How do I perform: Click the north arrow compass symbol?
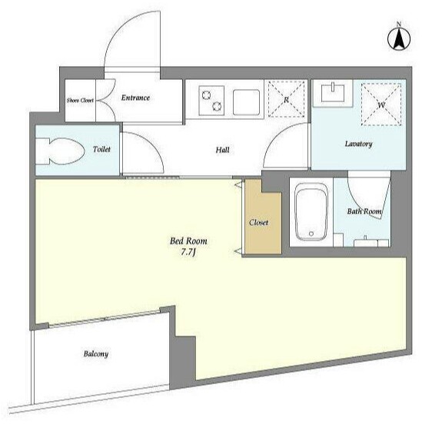(399, 38)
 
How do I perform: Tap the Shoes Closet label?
(80, 101)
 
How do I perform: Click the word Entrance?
(135, 98)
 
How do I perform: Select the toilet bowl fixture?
(61, 151)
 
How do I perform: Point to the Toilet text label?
(101, 149)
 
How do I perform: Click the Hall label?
(222, 150)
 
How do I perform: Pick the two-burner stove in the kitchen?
(211, 101)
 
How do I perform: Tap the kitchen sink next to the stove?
(246, 102)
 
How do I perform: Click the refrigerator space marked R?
(287, 99)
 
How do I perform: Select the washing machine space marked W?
(381, 104)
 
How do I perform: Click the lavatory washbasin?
(333, 93)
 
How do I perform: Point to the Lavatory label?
(358, 144)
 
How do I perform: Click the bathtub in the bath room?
(311, 212)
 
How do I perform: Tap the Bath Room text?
(364, 211)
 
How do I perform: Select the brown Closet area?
(263, 217)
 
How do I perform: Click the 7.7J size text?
(188, 252)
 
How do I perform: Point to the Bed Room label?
(188, 241)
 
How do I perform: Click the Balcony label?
(96, 353)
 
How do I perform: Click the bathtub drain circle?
(311, 234)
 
